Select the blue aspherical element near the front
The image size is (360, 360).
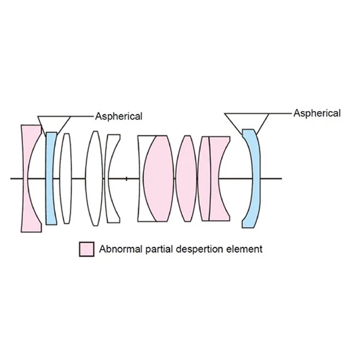[51, 178]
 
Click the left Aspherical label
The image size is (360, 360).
[119, 117]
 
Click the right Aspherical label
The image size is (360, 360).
[317, 113]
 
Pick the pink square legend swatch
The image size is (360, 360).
[87, 249]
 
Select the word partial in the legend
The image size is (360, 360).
[159, 249]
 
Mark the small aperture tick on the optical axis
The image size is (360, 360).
[126, 178]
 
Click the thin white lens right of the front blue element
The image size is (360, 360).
[66, 178]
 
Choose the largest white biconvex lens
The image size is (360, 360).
[94, 178]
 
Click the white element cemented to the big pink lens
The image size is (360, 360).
[140, 178]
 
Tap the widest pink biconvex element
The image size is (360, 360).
[159, 178]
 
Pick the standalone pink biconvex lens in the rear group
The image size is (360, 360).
[186, 178]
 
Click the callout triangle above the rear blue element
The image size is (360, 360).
[247, 121]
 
